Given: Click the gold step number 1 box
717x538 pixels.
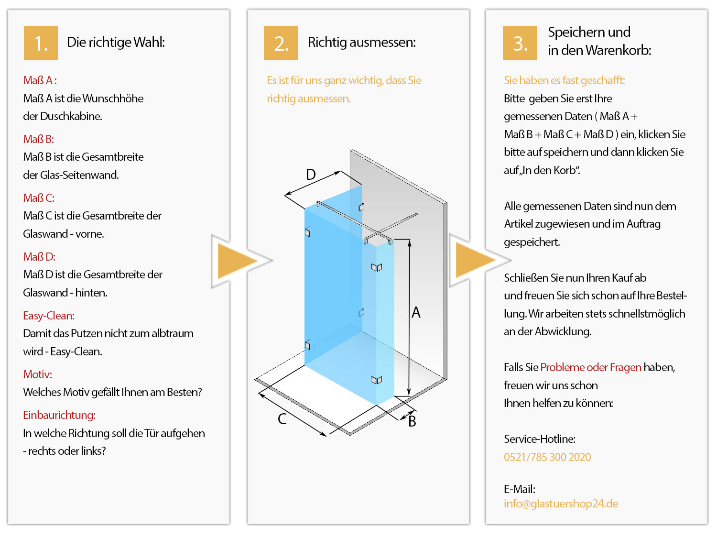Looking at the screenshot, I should [x=41, y=43].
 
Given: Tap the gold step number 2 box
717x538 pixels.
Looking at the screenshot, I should [x=281, y=43].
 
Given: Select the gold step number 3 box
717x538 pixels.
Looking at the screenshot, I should [x=520, y=43].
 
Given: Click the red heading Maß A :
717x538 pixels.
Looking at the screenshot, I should [x=40, y=80].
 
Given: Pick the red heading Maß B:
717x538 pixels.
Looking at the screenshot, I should [x=39, y=139].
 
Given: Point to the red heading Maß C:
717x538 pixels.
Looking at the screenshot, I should [x=39, y=198].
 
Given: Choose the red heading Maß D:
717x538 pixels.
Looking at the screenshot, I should [x=39, y=257].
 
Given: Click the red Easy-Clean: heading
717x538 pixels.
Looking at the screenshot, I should [x=49, y=316].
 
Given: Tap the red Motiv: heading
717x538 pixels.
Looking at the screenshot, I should [x=38, y=374].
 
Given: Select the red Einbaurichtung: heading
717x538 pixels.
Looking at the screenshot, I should [x=59, y=415].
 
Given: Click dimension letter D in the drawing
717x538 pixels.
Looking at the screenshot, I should [x=311, y=175].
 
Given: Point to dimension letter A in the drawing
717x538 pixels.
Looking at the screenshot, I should [x=416, y=313].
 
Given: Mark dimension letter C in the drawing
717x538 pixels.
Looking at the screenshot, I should [x=282, y=419].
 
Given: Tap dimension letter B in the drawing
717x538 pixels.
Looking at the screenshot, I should [x=412, y=421].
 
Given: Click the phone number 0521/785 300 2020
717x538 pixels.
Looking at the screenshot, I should [x=547, y=457].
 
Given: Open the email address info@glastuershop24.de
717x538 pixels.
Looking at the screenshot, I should [x=561, y=504].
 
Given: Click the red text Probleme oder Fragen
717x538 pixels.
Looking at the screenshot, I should [x=591, y=367].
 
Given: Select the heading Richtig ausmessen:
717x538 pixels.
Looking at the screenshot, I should [x=362, y=43].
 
